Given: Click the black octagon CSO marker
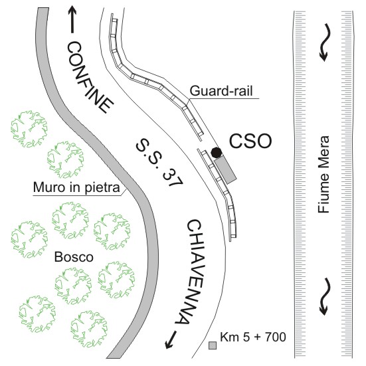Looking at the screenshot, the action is (217, 153).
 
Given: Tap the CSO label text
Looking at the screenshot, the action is (250, 141).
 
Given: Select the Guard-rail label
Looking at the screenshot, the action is (221, 91).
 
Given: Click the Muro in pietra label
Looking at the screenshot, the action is (76, 187).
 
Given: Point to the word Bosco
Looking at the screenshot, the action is (74, 257).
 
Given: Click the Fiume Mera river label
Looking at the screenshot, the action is (323, 174).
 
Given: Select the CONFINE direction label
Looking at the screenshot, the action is (90, 77).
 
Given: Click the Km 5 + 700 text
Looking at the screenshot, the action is (253, 337).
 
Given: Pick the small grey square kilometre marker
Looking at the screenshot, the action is (213, 345).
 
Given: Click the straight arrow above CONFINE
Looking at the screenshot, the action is (72, 19).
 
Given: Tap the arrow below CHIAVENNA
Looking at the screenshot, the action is (171, 340).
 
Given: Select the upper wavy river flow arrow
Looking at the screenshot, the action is (325, 42).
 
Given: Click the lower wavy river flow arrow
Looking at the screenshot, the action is (325, 296).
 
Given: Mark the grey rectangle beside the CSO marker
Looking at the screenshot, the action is (225, 169).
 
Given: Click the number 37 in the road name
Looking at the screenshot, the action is (172, 178).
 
